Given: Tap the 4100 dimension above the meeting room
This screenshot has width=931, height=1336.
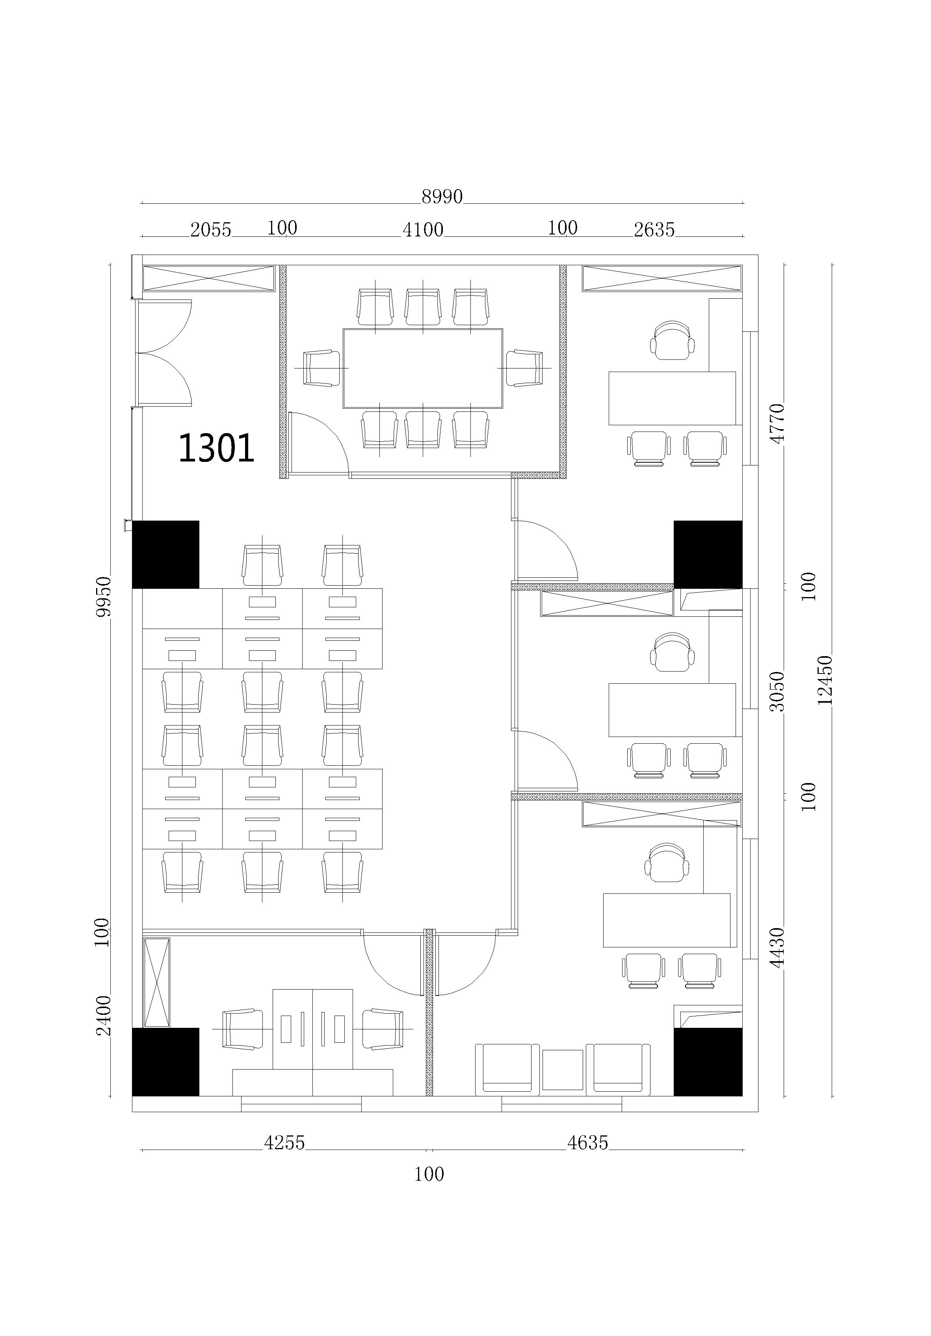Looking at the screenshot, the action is coord(423,230).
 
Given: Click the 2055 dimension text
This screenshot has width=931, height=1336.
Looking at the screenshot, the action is coord(211,230).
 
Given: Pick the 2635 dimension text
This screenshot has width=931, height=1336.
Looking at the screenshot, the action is coord(654,230).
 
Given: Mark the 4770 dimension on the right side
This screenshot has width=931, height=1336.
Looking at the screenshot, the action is coord(777,424).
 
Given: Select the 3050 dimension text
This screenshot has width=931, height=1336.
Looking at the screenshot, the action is coord(777,691).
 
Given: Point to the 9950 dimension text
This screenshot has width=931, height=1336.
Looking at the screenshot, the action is coord(103,597).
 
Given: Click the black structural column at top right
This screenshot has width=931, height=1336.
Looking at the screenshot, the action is coord(708,554).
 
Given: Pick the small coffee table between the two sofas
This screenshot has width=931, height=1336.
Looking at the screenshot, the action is coord(563,1070).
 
